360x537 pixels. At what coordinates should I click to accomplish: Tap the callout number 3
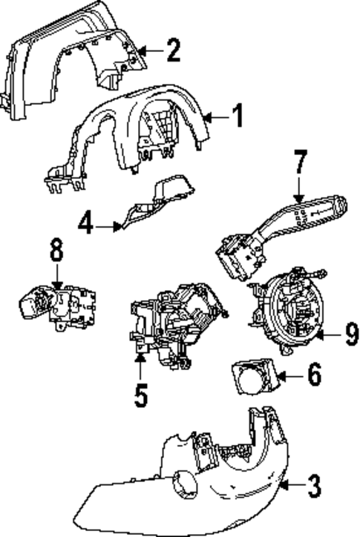pyautogui.click(x=314, y=486)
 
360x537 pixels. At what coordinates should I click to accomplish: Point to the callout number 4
pyautogui.click(x=87, y=223)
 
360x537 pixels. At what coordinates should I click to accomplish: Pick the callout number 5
pyautogui.click(x=141, y=394)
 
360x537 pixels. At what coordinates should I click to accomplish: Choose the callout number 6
pyautogui.click(x=314, y=375)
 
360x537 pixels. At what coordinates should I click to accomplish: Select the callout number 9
pyautogui.click(x=351, y=335)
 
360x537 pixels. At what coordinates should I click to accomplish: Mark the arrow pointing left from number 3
pyautogui.click(x=290, y=487)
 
